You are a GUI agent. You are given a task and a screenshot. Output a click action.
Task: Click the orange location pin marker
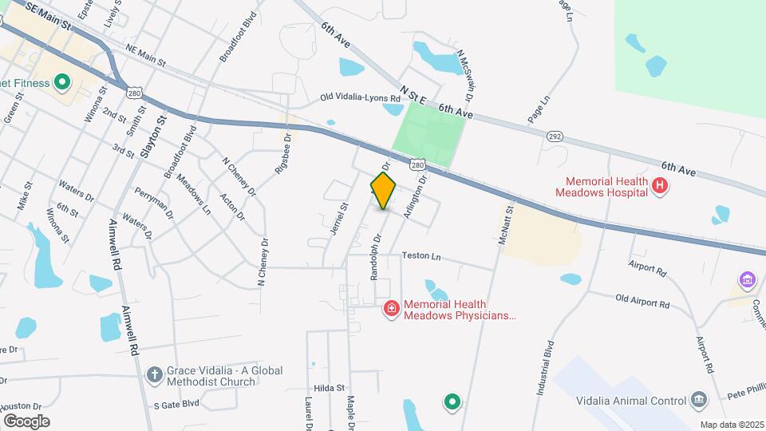(x=384, y=190)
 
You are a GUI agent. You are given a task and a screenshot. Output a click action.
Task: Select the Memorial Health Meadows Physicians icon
(x=392, y=308)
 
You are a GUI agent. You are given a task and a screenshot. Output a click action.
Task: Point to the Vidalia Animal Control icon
(x=698, y=400)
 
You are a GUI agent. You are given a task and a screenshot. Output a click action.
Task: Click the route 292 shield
(x=555, y=136)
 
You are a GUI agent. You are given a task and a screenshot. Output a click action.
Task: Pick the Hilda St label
(x=328, y=388)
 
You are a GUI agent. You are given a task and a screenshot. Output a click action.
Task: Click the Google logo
(x=26, y=421)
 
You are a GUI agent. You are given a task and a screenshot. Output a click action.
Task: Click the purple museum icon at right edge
(x=748, y=280)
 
